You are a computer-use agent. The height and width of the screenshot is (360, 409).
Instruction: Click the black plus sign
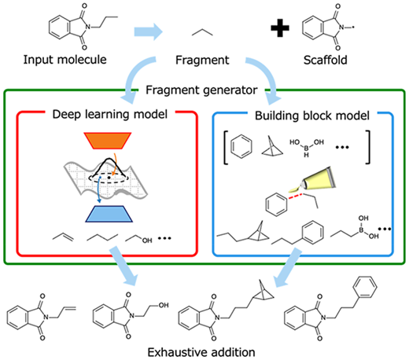point(280,28)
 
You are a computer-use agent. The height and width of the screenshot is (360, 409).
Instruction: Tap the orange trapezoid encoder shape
point(108,141)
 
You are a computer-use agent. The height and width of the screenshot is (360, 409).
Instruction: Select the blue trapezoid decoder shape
point(109,214)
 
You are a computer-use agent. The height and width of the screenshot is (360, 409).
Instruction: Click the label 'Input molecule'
point(65,60)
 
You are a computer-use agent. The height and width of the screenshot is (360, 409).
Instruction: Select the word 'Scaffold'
point(326,60)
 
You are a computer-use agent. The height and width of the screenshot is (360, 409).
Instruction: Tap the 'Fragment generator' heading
point(201,90)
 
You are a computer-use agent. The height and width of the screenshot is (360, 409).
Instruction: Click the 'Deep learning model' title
point(110,114)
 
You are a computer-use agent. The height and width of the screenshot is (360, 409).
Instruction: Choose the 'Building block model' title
point(312,116)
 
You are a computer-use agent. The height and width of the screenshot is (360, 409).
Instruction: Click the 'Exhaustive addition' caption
point(201,352)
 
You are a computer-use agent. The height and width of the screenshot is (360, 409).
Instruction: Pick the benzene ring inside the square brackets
point(241,146)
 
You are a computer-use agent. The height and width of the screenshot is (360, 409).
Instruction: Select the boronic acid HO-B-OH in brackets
point(307,148)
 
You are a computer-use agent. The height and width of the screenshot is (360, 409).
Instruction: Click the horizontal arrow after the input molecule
point(149,31)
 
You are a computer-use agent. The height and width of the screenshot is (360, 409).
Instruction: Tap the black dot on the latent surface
point(109,178)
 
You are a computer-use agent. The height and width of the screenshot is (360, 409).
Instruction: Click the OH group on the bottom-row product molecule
point(164,305)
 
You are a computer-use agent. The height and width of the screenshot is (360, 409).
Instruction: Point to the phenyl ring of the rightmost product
point(365,288)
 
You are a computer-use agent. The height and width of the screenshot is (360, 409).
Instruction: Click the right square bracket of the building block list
point(368,147)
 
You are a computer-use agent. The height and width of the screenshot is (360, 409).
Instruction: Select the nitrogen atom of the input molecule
point(87,27)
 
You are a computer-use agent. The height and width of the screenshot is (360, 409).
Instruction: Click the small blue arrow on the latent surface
point(99,189)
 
